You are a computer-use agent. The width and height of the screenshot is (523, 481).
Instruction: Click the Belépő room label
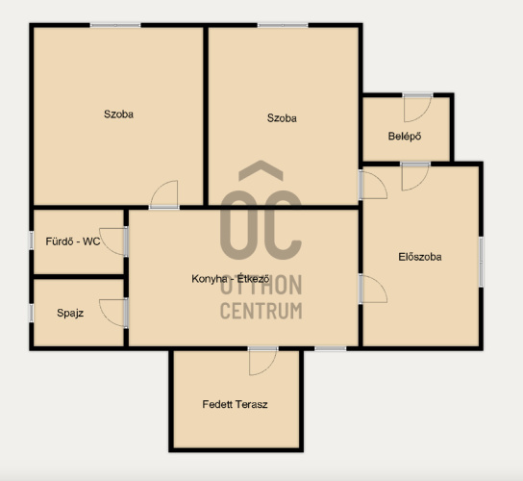(x=405, y=137)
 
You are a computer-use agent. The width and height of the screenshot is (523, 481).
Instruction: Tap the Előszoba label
(x=420, y=257)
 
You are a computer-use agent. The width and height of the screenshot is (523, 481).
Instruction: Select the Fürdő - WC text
(x=73, y=241)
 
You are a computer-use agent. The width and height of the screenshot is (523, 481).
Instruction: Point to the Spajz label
(x=70, y=313)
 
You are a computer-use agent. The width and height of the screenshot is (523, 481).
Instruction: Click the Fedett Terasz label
(x=235, y=404)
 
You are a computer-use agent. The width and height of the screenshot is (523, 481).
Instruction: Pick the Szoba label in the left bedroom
(x=118, y=114)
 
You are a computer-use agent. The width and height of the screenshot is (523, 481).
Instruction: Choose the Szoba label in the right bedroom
(x=282, y=117)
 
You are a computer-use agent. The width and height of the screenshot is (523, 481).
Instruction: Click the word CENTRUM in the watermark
(x=261, y=311)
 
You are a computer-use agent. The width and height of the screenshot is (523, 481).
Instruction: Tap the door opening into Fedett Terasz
(x=262, y=361)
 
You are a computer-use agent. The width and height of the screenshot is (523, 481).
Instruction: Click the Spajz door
(x=113, y=313)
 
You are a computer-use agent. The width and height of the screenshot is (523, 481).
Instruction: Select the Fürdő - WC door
(x=113, y=241)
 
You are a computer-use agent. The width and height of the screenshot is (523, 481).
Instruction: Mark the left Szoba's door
(x=164, y=195)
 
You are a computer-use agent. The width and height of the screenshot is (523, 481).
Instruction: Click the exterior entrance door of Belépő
(x=417, y=108)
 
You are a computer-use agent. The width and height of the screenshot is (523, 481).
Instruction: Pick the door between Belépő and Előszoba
(x=415, y=176)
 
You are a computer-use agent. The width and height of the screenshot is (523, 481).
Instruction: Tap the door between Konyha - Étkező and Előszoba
(x=373, y=289)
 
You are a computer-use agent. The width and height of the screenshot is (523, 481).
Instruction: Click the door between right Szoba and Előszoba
(x=373, y=185)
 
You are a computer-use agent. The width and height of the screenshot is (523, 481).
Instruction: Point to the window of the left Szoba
(x=115, y=25)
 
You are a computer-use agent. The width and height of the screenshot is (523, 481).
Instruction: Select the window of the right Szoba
(x=283, y=25)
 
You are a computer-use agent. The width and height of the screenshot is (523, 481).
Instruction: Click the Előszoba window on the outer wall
(x=481, y=262)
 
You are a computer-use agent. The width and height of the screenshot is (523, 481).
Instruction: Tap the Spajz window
(x=32, y=313)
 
